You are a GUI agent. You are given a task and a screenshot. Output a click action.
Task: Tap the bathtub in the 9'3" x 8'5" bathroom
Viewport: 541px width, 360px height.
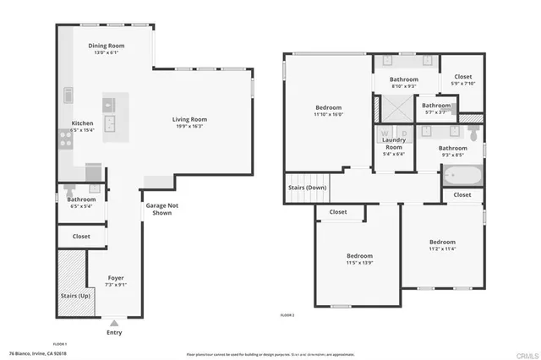pyautogui.click(x=462, y=177)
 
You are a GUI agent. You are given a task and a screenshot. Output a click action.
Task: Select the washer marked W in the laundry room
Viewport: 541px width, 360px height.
pyautogui.click(x=385, y=134)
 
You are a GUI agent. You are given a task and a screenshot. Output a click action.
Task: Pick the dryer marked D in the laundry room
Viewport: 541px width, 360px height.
pyautogui.click(x=403, y=134)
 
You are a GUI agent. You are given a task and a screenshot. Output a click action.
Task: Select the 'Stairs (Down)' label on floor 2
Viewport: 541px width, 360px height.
pyautogui.click(x=308, y=188)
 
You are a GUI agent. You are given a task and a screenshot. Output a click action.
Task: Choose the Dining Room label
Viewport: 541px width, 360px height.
pyautogui.click(x=107, y=46)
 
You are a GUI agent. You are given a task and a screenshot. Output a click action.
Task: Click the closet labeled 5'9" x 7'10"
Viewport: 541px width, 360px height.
pyautogui.click(x=462, y=79)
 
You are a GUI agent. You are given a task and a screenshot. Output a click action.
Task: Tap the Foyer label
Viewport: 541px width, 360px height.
pyautogui.click(x=116, y=278)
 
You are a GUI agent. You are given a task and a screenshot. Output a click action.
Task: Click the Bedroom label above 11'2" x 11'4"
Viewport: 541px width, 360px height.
pyautogui.click(x=441, y=242)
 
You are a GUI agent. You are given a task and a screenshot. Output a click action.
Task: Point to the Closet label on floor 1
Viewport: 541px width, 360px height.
pyautogui.click(x=81, y=237)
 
